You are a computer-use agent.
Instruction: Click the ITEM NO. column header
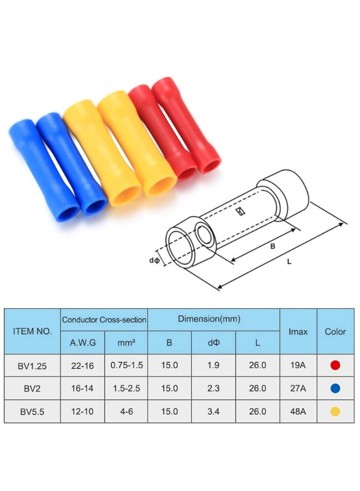click(x=32, y=331)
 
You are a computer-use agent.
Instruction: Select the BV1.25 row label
click(x=32, y=366)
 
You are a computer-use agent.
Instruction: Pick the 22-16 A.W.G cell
click(x=82, y=366)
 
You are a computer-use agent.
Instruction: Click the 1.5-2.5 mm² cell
click(x=126, y=388)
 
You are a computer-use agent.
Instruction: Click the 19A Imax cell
click(x=298, y=366)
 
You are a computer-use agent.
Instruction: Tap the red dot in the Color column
click(x=335, y=366)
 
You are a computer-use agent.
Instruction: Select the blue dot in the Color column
click(x=335, y=388)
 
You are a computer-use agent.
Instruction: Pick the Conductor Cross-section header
click(x=104, y=320)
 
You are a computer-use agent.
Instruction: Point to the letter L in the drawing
click(x=290, y=261)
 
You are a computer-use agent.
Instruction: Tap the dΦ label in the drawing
click(x=154, y=261)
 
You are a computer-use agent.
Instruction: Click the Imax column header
click(x=298, y=331)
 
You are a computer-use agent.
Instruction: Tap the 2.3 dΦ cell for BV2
click(x=213, y=388)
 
